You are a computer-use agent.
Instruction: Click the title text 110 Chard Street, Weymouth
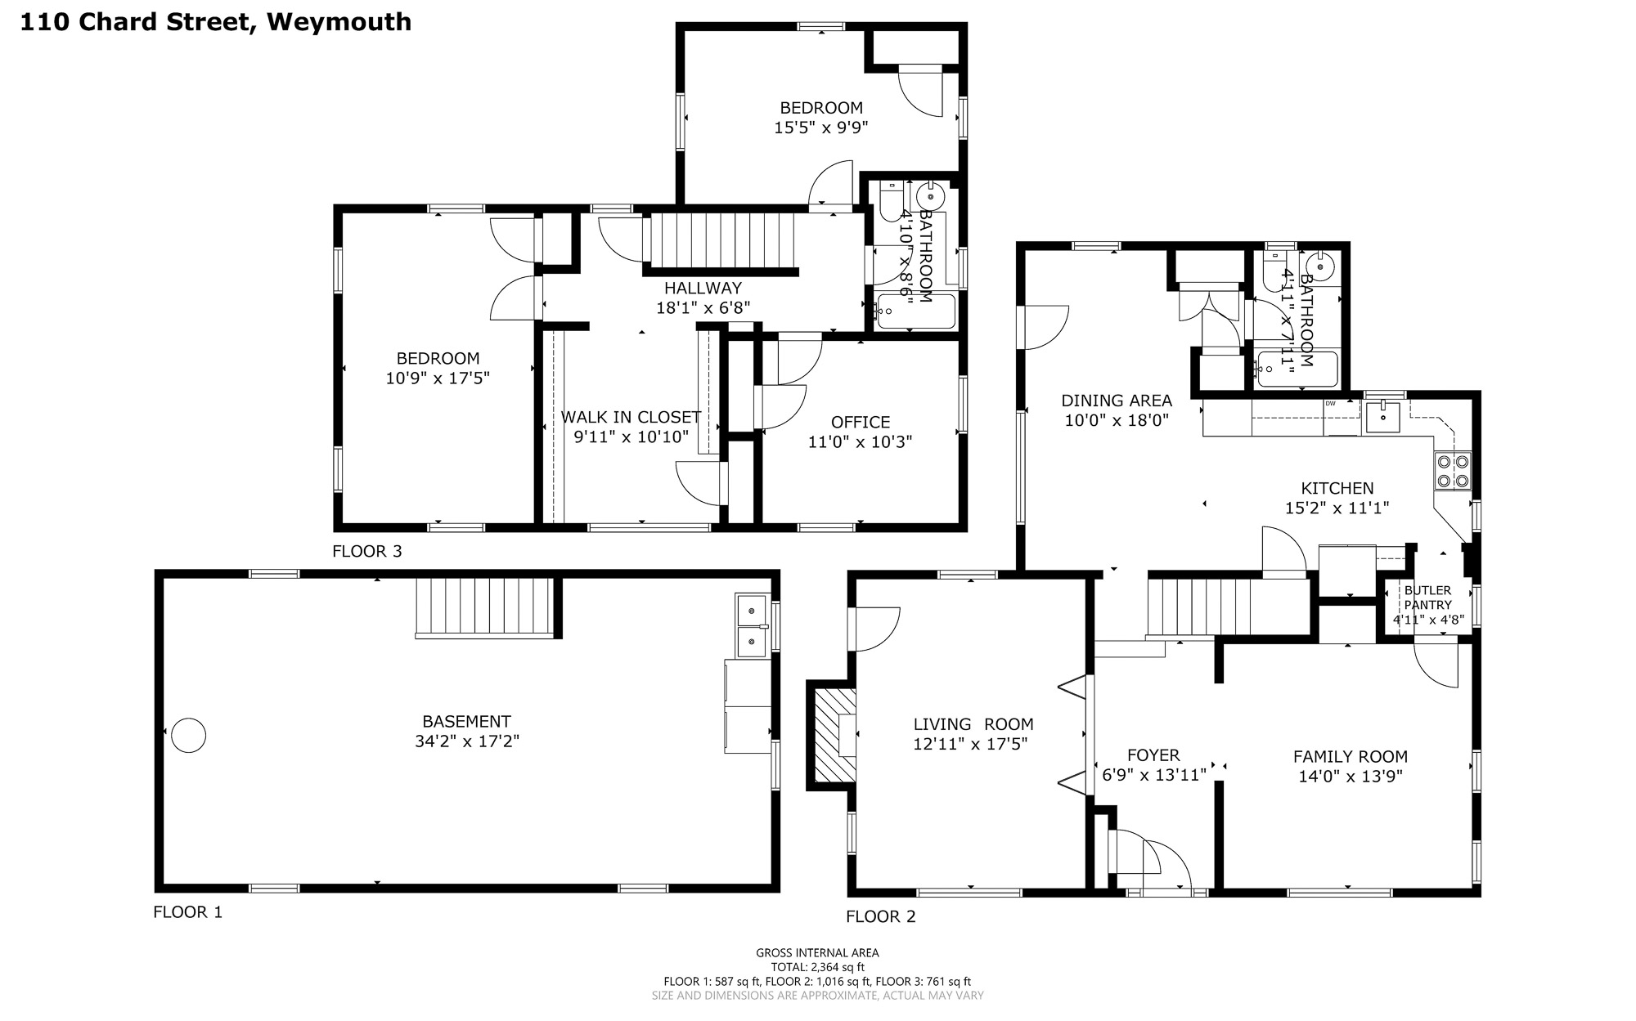click(215, 22)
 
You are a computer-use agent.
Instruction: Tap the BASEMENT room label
click(466, 722)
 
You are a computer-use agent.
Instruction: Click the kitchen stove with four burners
click(1453, 471)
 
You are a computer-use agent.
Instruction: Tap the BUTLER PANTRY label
click(1427, 598)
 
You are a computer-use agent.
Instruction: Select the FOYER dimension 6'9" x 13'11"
click(1154, 775)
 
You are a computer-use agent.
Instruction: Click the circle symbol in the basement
click(188, 735)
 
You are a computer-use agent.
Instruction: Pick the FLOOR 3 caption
click(366, 552)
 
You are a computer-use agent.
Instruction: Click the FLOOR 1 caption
click(187, 912)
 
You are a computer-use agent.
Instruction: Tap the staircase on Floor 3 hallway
click(721, 240)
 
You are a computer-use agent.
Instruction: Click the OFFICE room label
click(861, 423)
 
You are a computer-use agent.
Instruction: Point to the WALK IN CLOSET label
click(631, 417)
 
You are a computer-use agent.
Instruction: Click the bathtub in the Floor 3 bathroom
click(915, 311)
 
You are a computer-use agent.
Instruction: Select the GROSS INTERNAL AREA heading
click(817, 952)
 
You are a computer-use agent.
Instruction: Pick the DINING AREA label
click(1117, 401)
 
